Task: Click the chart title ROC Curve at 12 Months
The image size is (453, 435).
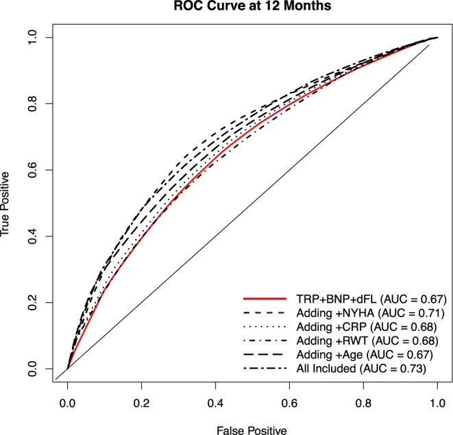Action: pos(252,8)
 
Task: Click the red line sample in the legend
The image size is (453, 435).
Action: pos(264,299)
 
